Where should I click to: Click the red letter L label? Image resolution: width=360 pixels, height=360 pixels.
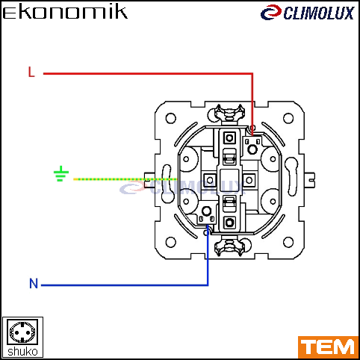pyautogui.click(x=31, y=72)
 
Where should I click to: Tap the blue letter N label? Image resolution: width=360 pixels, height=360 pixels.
pyautogui.click(x=34, y=283)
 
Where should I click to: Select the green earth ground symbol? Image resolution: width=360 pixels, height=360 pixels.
pyautogui.click(x=61, y=173)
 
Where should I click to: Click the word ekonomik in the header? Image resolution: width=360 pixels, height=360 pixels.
pyautogui.click(x=65, y=12)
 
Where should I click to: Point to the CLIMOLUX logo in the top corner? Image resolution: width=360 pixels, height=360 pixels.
pyautogui.click(x=308, y=13)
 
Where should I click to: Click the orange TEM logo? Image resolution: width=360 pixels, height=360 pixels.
pyautogui.click(x=328, y=347)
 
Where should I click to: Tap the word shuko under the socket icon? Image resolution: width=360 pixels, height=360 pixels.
pyautogui.click(x=22, y=352)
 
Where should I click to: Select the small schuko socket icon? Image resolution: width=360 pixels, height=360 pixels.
pyautogui.click(x=22, y=332)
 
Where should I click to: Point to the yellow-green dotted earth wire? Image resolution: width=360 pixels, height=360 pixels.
pyautogui.click(x=125, y=179)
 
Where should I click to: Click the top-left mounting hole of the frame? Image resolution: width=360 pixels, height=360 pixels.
pyautogui.click(x=171, y=118)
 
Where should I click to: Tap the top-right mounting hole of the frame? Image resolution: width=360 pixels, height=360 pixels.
pyautogui.click(x=288, y=118)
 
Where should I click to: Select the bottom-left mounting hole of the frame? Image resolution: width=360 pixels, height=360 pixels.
pyautogui.click(x=171, y=242)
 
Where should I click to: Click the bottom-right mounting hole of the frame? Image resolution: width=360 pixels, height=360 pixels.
pyautogui.click(x=288, y=242)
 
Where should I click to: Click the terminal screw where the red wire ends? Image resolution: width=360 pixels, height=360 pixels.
pyautogui.click(x=252, y=149)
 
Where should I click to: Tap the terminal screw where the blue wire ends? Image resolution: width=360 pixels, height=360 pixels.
pyautogui.click(x=206, y=211)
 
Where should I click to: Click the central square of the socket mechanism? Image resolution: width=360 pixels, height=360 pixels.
pyautogui.click(x=229, y=180)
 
